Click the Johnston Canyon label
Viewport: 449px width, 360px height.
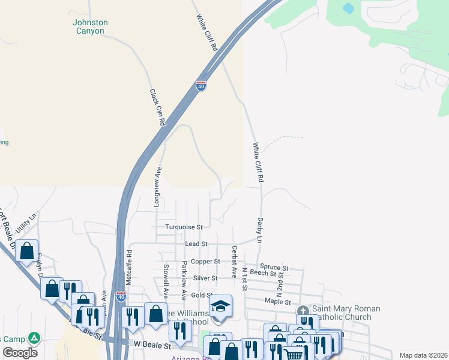[91, 26]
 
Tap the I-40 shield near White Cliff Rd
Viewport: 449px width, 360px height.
[201, 86]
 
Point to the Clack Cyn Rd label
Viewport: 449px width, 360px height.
[157, 107]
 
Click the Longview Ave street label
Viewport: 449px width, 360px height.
[157, 187]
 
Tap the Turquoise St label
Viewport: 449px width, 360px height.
[184, 227]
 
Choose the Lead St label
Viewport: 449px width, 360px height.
[196, 244]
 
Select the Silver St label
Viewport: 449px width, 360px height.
[205, 278]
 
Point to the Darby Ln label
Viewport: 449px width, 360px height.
[261, 230]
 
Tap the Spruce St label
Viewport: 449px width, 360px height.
[274, 266]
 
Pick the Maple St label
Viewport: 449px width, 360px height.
[277, 302]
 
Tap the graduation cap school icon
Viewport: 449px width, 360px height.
[220, 306]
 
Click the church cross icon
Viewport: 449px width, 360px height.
[303, 311]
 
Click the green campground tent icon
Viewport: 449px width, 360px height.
[34, 338]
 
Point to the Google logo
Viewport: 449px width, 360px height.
[20, 352]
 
